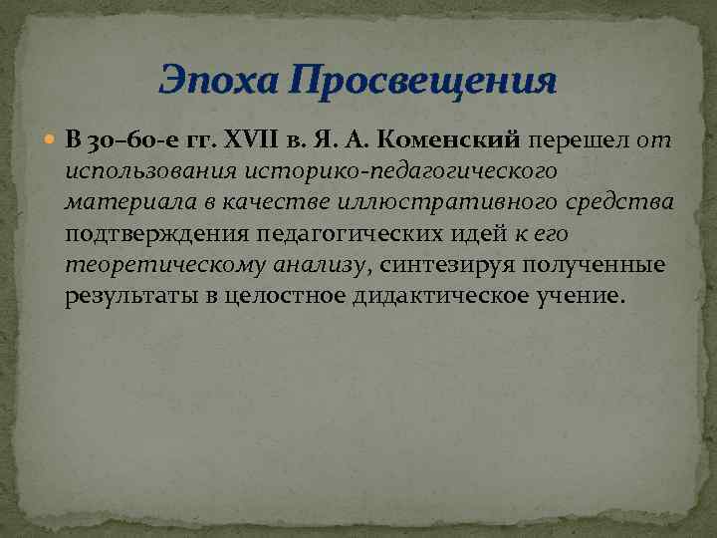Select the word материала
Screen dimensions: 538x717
pos(125,203)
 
